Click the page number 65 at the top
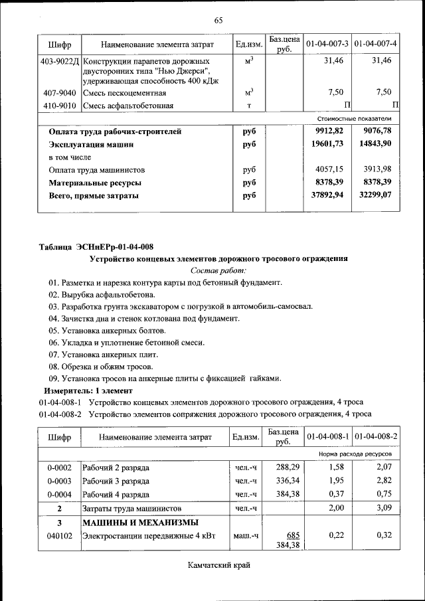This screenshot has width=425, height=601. pos(218,20)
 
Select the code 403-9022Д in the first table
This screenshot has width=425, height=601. pos(60,60)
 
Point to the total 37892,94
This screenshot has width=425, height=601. pos(329,195)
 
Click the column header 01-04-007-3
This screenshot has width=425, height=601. pos(327,44)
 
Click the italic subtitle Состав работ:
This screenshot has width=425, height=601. pos(218,270)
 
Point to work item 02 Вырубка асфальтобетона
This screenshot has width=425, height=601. pos(101,294)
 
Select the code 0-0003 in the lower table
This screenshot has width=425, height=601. pos(60,481)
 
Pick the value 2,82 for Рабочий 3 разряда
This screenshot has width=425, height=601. pos(381,481)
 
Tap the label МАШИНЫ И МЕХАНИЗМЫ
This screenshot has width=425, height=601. pos(139,522)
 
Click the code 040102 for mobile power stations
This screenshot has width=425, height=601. pos(60,535)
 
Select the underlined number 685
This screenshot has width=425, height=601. pos(293,535)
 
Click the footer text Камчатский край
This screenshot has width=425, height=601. pos(218,565)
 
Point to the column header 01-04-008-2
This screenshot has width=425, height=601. pos(376,437)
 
